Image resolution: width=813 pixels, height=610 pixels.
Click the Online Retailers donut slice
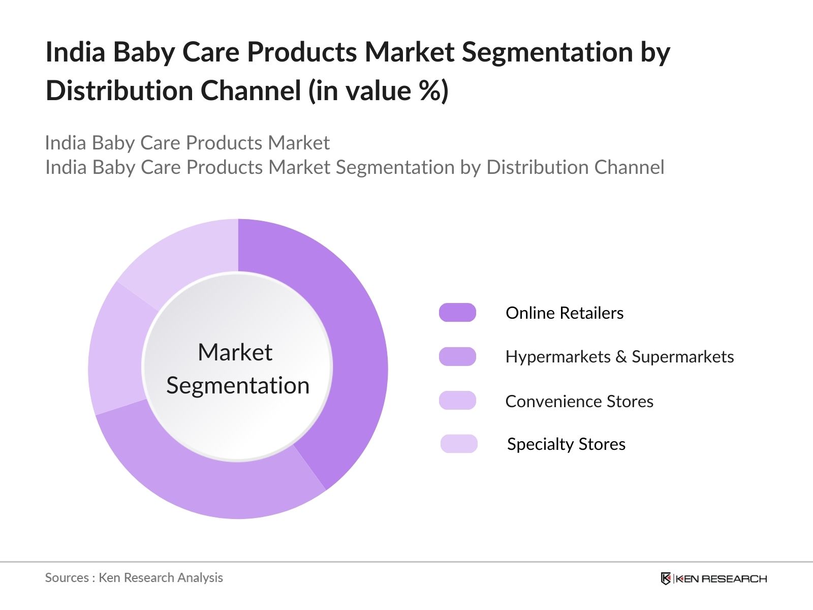pyautogui.click(x=351, y=346)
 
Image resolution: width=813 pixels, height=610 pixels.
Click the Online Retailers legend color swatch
pyautogui.click(x=457, y=313)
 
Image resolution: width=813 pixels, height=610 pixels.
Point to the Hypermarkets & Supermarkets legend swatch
pyautogui.click(x=457, y=357)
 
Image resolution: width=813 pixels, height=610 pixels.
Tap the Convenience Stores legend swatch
pyautogui.click(x=457, y=401)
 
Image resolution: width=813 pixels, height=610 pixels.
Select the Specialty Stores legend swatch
pyautogui.click(x=459, y=444)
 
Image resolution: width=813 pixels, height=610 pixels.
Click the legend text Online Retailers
pyautogui.click(x=564, y=313)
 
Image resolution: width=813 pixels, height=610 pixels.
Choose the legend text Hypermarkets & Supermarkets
pyautogui.click(x=619, y=357)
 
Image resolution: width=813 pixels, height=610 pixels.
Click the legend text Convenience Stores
pyautogui.click(x=579, y=402)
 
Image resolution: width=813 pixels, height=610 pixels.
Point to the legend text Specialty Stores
pyautogui.click(x=566, y=444)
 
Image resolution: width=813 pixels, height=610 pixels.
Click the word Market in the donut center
pyautogui.click(x=235, y=352)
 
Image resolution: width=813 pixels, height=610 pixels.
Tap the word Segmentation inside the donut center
pyautogui.click(x=238, y=386)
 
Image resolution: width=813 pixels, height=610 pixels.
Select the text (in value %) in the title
pyautogui.click(x=379, y=91)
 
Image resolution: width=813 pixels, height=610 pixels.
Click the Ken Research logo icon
pyautogui.click(x=666, y=578)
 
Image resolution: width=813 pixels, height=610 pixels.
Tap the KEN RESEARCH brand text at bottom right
pyautogui.click(x=721, y=579)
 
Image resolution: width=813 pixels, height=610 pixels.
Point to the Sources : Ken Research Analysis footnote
pyautogui.click(x=134, y=577)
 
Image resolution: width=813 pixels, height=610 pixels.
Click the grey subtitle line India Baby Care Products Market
pyautogui.click(x=187, y=143)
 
